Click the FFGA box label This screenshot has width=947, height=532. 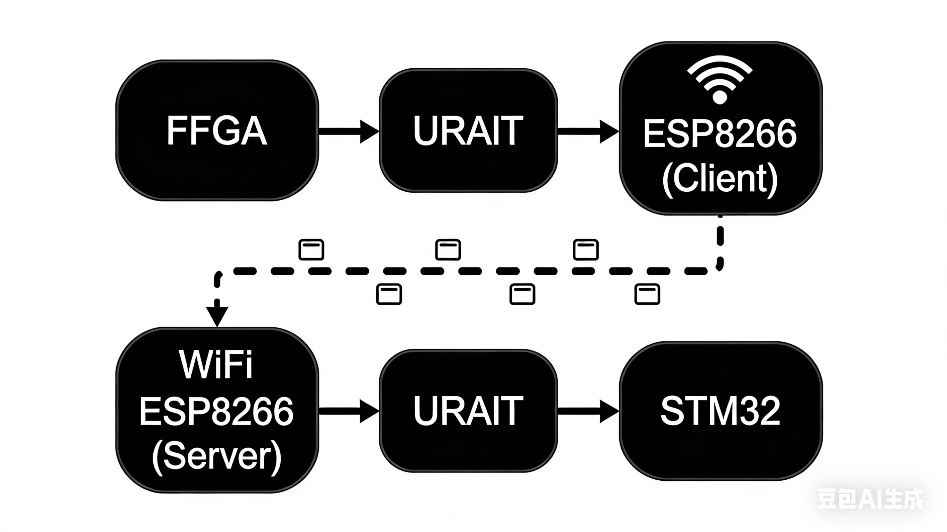click(x=217, y=131)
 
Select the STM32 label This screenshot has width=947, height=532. click(x=720, y=411)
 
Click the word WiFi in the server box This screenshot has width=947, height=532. click(x=216, y=365)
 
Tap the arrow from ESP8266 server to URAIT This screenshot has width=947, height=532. click(x=349, y=411)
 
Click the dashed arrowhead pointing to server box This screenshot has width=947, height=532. click(x=217, y=315)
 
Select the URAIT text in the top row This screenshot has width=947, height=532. click(x=468, y=131)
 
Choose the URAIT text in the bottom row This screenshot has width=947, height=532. click(x=468, y=411)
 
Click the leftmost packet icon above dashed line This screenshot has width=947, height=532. click(x=311, y=250)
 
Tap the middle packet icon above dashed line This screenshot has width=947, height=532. click(x=448, y=250)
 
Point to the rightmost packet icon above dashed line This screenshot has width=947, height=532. click(x=586, y=250)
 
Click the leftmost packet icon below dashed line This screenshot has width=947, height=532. click(x=389, y=294)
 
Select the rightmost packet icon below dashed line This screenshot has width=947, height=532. click(x=647, y=294)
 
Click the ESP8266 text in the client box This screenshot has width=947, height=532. click(x=720, y=134)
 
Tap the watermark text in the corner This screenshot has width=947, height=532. click(x=870, y=499)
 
